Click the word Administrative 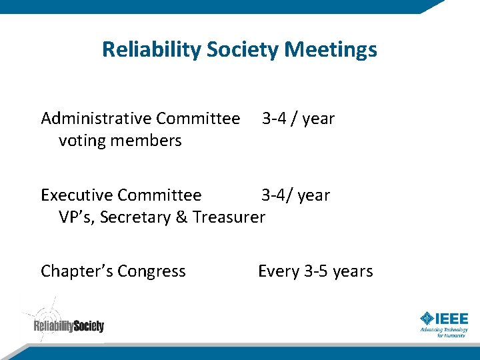(96, 119)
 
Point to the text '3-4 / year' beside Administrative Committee (298, 119)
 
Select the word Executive (76, 195)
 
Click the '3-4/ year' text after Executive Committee (295, 195)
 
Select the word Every (278, 271)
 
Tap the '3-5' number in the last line (316, 271)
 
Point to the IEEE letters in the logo (453, 319)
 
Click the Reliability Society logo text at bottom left (69, 326)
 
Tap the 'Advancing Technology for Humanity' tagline (443, 332)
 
